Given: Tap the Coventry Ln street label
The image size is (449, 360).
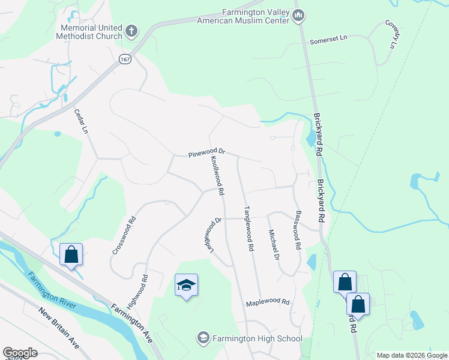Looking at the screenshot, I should pyautogui.click(x=392, y=34).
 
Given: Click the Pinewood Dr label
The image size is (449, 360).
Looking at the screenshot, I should pyautogui.click(x=206, y=153).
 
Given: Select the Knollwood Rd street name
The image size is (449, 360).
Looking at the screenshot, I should pyautogui.click(x=217, y=176).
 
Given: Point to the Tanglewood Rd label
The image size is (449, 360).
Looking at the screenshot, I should pyautogui.click(x=247, y=229).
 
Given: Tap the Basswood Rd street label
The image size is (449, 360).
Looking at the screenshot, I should pyautogui.click(x=297, y=230).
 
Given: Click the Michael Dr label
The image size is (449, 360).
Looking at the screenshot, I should pyautogui.click(x=274, y=244).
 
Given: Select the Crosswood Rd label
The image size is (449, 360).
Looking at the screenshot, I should pyautogui.click(x=123, y=235).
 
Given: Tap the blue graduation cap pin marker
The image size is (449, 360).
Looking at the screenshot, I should pyautogui.click(x=187, y=285).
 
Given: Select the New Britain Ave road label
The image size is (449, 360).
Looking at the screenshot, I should pyautogui.click(x=59, y=329).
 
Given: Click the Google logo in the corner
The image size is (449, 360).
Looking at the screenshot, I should pyautogui.click(x=20, y=353).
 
